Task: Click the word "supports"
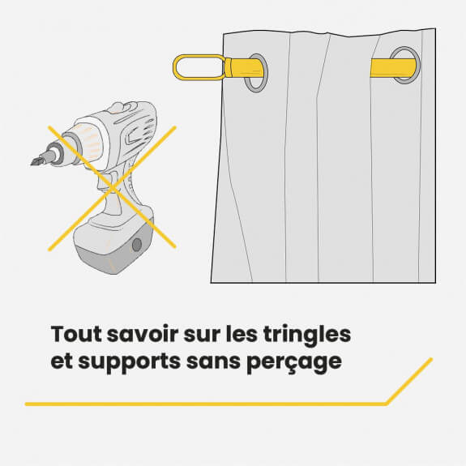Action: click(130, 362)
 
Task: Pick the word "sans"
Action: click(213, 361)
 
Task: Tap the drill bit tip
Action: click(32, 163)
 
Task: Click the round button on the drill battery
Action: click(137, 245)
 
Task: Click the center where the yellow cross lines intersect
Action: click(113, 188)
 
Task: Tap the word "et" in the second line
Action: click(62, 361)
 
